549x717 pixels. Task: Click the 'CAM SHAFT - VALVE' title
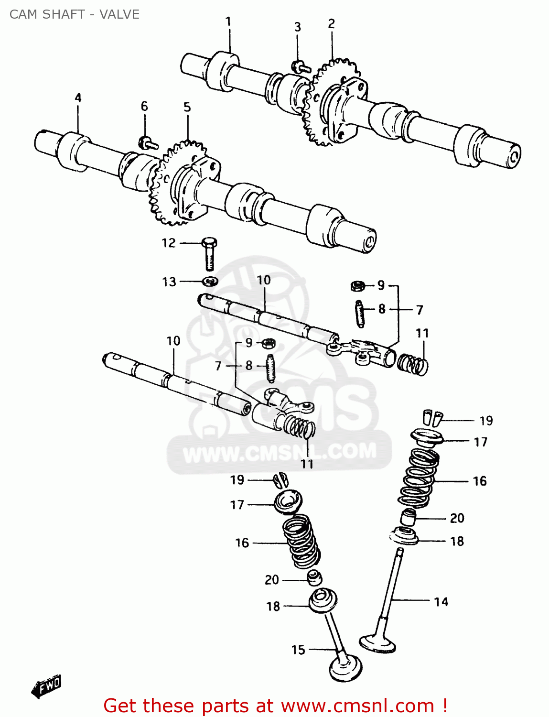tap(74, 14)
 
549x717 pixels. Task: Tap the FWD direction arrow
tap(46, 687)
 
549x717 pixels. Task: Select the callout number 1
tap(228, 22)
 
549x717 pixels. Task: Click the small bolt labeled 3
tap(299, 66)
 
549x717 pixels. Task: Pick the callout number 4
tap(78, 98)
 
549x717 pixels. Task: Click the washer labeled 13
tap(210, 281)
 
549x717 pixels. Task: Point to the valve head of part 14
tap(378, 642)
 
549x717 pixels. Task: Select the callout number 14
tap(441, 602)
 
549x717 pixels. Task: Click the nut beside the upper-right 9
tap(357, 286)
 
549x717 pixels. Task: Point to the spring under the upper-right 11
tap(413, 364)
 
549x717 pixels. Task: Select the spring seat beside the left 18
tap(323, 600)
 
